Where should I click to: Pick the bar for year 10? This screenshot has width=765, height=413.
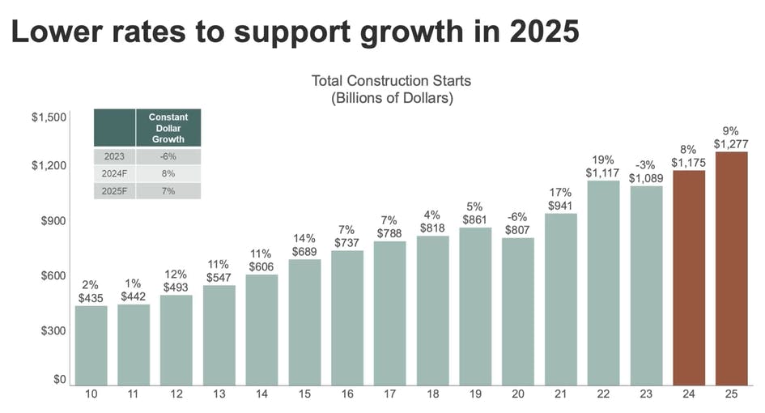tap(91, 344)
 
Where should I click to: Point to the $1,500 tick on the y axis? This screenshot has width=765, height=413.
tap(49, 117)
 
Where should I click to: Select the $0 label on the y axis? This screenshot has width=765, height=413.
tap(59, 379)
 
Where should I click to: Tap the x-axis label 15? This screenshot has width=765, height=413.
tap(305, 394)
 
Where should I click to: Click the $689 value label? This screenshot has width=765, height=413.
tap(305, 253)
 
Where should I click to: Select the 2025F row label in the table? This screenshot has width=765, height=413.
tap(114, 191)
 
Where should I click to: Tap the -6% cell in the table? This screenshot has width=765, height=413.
tap(168, 156)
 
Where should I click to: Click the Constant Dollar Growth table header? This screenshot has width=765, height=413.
tap(168, 128)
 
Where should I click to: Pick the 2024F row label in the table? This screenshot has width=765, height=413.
tap(114, 173)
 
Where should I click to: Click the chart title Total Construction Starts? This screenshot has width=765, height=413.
tap(391, 81)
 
